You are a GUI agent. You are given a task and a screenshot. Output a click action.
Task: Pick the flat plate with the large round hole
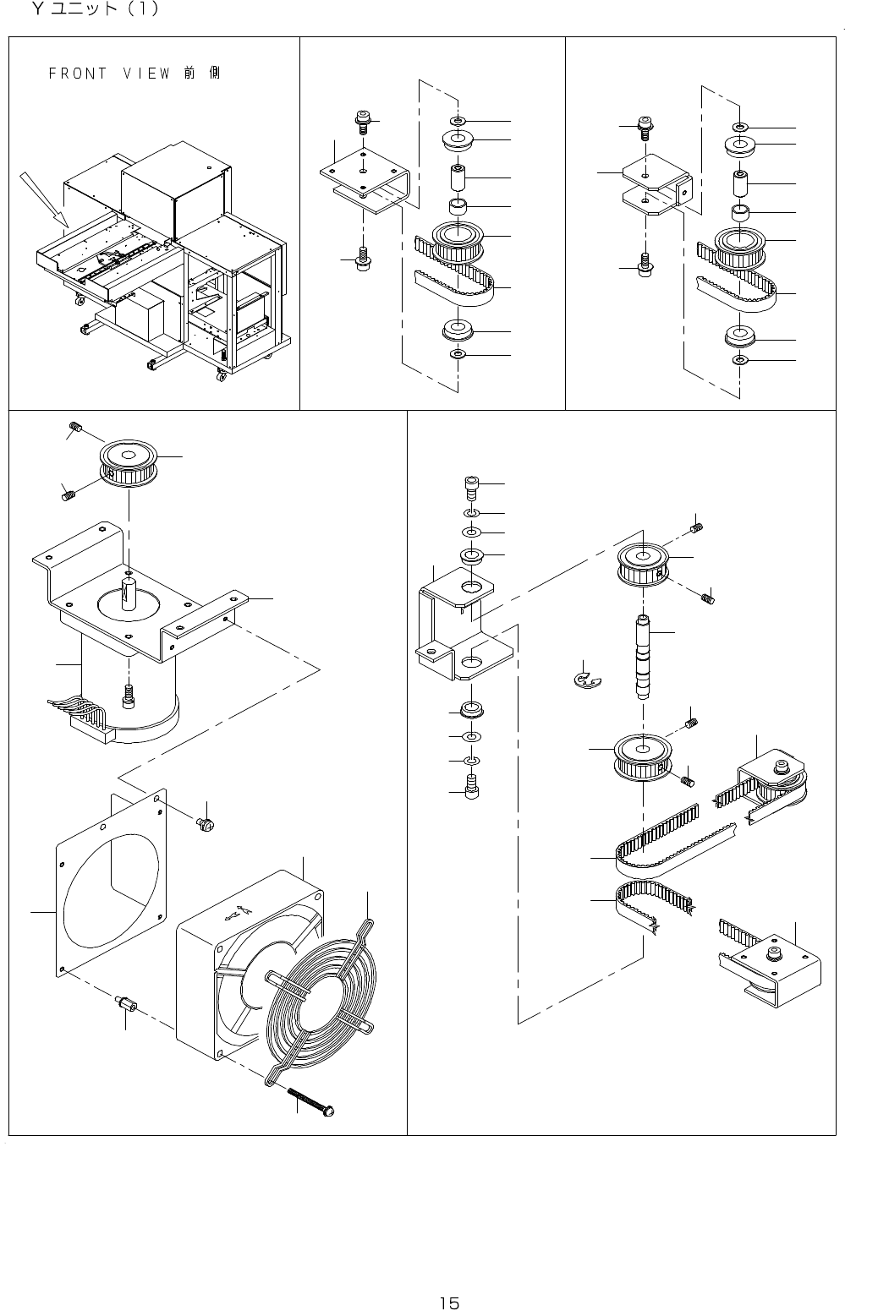click(110, 879)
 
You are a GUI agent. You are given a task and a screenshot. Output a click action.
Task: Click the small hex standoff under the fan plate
click(126, 1007)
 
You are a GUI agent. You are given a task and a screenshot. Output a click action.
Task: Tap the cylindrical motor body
click(127, 685)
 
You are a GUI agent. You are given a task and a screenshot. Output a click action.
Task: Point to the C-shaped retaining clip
click(584, 678)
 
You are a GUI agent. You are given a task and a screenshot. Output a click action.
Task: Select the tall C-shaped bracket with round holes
click(461, 625)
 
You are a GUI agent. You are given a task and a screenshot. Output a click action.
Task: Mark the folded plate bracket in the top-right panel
click(656, 188)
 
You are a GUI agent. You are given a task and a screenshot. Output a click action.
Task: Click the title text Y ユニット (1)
click(93, 11)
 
